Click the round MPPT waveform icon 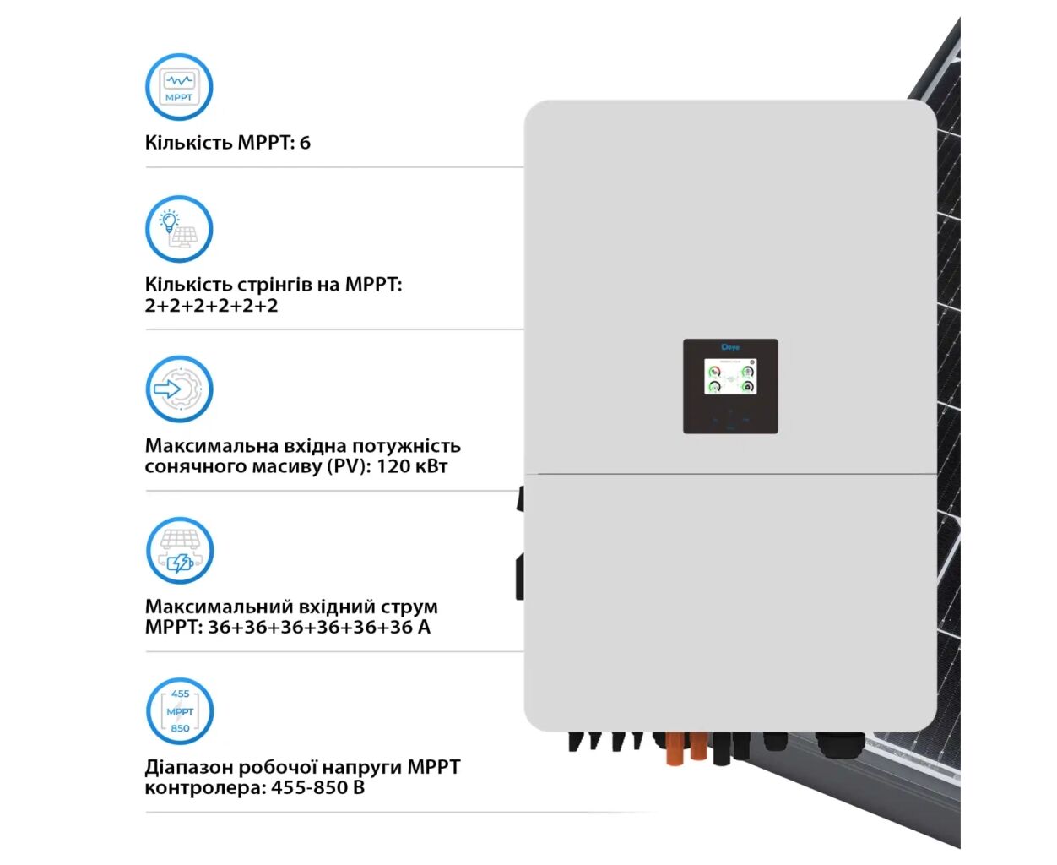[x=179, y=87]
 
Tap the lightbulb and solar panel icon [x=179, y=229]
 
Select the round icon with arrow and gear [x=179, y=389]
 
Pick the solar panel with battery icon [x=179, y=551]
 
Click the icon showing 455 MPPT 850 [x=180, y=711]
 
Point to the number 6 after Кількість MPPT [x=305, y=143]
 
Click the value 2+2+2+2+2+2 [x=211, y=306]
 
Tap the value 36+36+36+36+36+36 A [x=319, y=628]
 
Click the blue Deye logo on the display [x=730, y=347]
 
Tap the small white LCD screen [x=730, y=377]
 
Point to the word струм [x=409, y=607]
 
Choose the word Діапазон [x=188, y=767]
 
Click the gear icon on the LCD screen [x=752, y=362]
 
